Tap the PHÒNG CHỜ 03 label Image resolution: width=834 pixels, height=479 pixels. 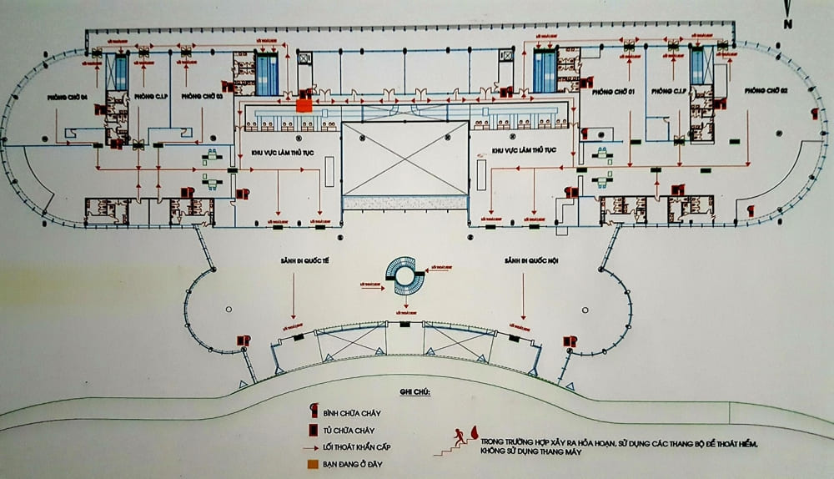(201, 96)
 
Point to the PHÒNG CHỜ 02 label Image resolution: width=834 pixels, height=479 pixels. (766, 89)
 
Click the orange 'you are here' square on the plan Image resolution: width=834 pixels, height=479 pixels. (304, 105)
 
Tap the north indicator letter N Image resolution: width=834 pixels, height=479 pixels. (786, 24)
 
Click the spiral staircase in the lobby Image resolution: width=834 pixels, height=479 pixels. (404, 275)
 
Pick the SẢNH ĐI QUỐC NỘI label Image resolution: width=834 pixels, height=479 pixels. (526, 261)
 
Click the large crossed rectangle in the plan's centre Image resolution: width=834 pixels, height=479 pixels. (404, 159)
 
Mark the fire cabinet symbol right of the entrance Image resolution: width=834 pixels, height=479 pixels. (570, 341)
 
